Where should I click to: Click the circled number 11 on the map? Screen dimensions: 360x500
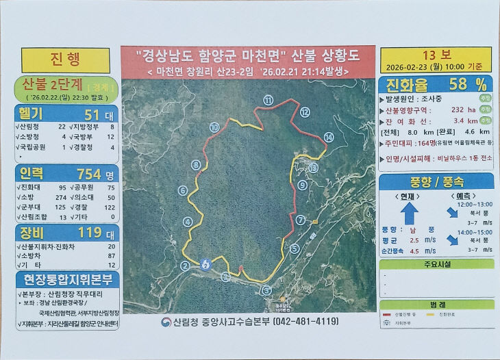tap(268, 100)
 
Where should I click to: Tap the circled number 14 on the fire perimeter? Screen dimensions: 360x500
tap(329, 138)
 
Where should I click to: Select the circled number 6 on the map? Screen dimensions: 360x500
tap(183, 190)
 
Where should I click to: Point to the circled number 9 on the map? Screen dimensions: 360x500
tap(302, 185)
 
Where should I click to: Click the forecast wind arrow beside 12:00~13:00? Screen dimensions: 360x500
tap(450, 212)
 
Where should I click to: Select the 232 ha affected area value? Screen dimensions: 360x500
tap(454, 110)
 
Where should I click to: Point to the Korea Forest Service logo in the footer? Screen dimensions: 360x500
tap(166, 322)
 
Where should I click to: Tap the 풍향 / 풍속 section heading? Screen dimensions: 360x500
tap(436, 181)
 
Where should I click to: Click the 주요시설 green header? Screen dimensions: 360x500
tap(436, 263)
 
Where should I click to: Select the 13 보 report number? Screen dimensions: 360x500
tap(436, 55)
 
